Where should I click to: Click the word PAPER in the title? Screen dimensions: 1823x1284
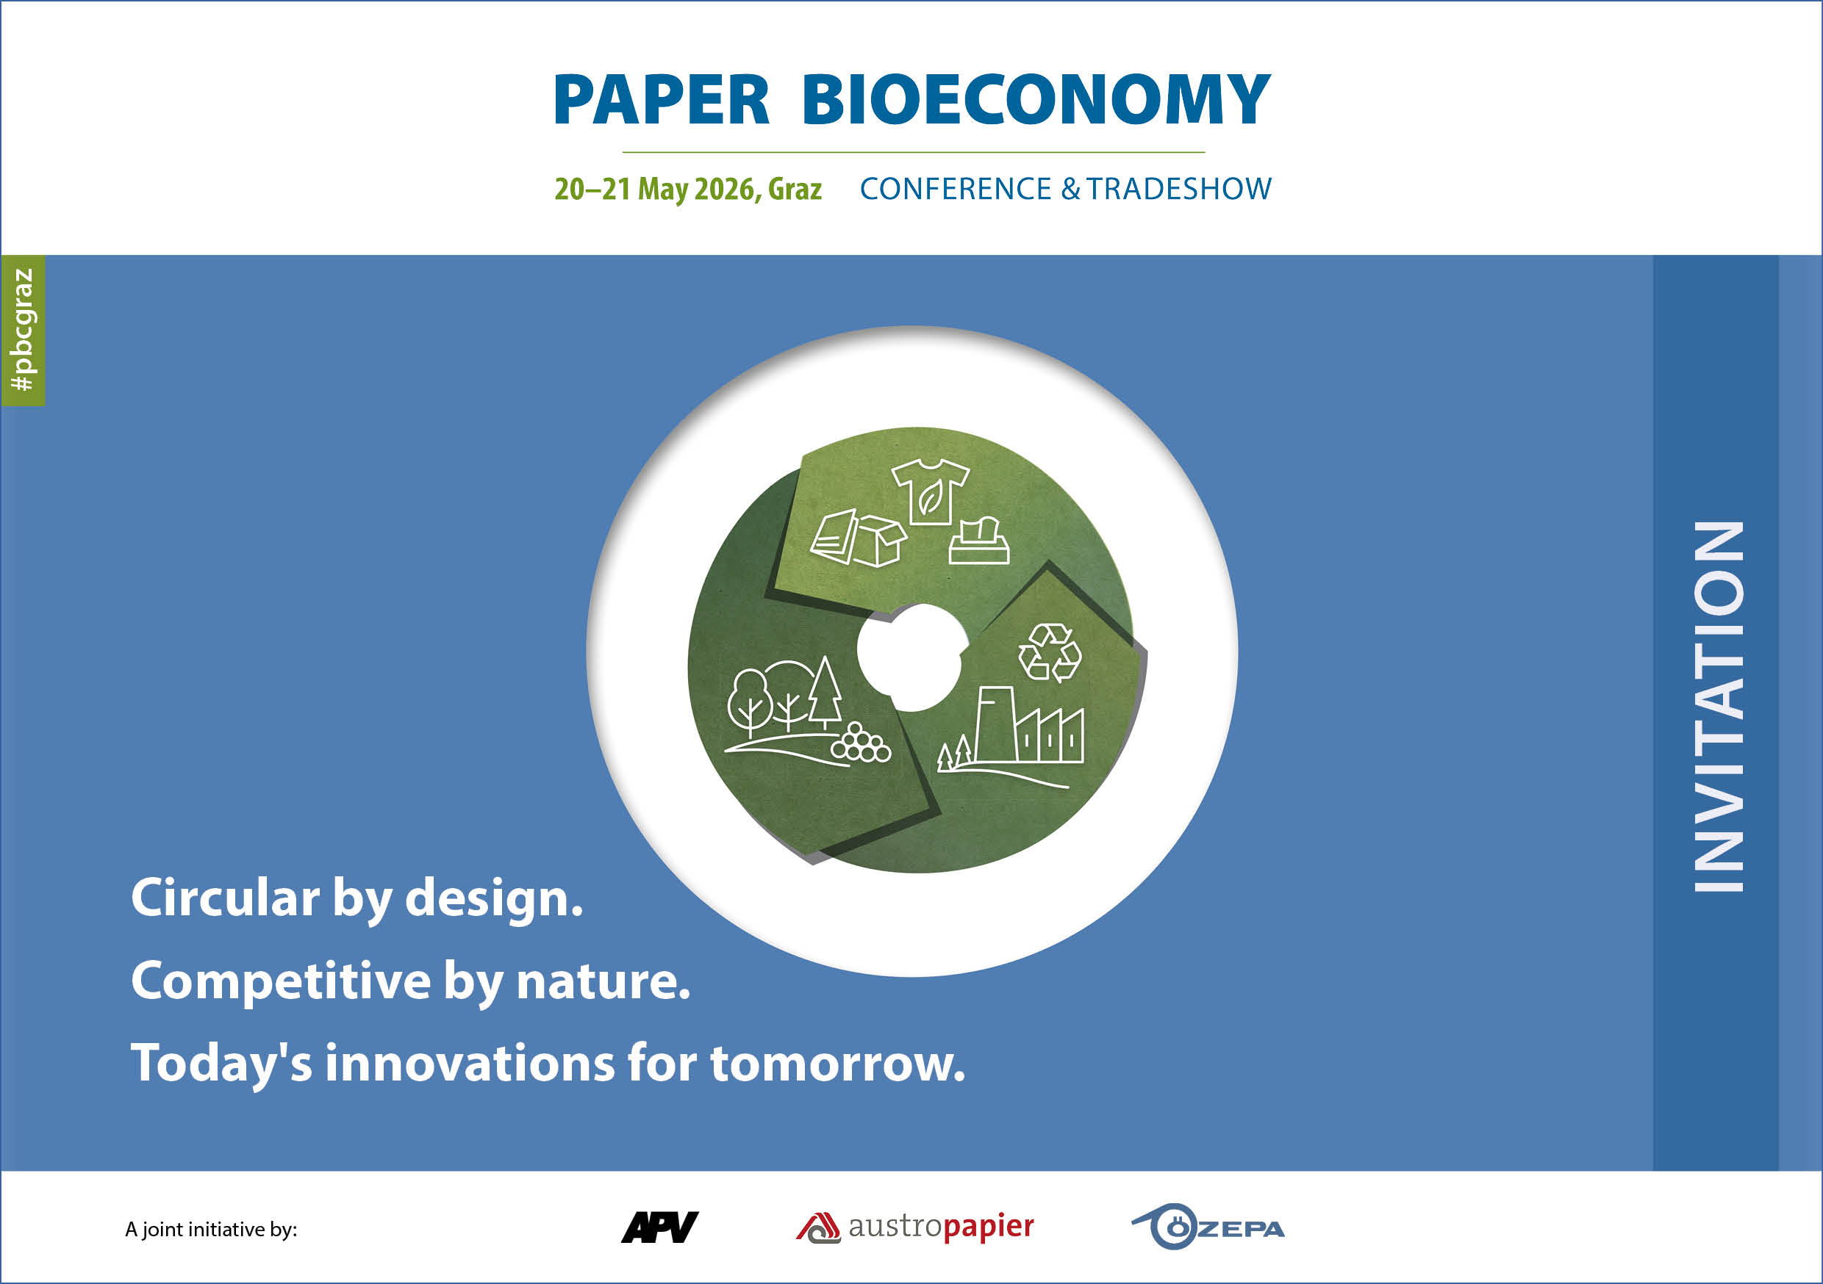pos(662,100)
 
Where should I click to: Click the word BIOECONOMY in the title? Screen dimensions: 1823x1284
pos(1036,100)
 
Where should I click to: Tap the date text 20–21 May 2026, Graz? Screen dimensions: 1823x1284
pos(687,189)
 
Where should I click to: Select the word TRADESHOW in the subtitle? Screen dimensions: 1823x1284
pos(1178,189)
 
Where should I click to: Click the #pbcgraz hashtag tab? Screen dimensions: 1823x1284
pos(23,330)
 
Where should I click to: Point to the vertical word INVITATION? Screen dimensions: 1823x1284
pos(1719,707)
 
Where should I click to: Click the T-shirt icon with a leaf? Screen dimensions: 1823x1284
pos(930,492)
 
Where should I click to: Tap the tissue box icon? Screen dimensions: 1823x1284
pos(979,541)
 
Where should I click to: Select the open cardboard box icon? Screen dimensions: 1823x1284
pos(881,541)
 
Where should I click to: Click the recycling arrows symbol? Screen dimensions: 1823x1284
pos(1050,652)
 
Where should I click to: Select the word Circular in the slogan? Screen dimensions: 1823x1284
pos(226,898)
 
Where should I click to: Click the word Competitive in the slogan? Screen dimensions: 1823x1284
pos(281,981)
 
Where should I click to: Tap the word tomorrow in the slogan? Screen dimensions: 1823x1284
pos(838,1064)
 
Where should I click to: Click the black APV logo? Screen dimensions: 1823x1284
pos(660,1227)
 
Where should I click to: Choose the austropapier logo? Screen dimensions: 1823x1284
pos(914,1227)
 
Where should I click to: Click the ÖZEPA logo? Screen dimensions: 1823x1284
pos(1208,1227)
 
